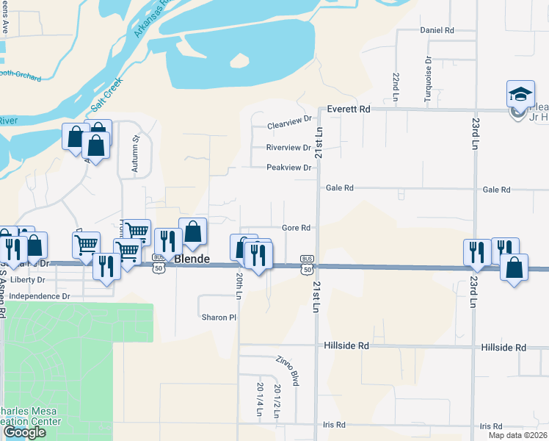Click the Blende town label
click(x=192, y=259)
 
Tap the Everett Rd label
click(x=349, y=109)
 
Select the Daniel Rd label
click(x=437, y=30)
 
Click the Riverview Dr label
click(x=288, y=148)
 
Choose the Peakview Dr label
click(x=288, y=168)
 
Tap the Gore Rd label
click(x=297, y=228)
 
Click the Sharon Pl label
click(x=219, y=318)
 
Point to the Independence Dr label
click(x=40, y=296)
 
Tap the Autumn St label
click(x=135, y=154)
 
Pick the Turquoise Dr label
click(x=427, y=71)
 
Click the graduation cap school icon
click(x=520, y=94)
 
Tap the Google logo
click(x=24, y=432)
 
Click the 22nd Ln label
click(x=396, y=87)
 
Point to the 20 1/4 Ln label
click(x=260, y=398)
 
